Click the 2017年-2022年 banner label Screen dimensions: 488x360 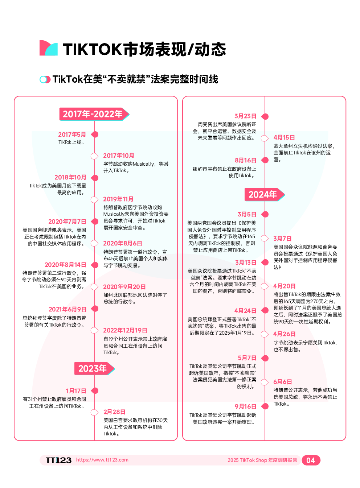click(93, 114)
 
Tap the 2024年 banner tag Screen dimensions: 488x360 click(263, 195)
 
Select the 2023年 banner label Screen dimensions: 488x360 click(93, 369)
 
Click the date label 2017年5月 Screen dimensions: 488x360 click(72, 135)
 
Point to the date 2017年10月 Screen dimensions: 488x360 click(119, 156)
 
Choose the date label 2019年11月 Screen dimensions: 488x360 click(118, 199)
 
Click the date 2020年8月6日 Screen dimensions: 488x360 click(123, 243)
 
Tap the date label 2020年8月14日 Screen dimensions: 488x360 click(65, 265)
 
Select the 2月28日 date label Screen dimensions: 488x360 click(114, 412)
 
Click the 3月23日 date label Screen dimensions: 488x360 click(245, 116)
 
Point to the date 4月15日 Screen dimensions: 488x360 click(284, 138)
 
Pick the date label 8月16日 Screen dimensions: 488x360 click(245, 160)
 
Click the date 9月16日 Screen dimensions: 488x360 click(245, 407)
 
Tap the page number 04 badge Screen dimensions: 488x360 click(311, 460)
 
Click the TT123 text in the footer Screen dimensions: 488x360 click(58, 460)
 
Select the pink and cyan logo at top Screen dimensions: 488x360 click(49, 48)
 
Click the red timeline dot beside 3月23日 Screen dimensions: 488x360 click(265, 116)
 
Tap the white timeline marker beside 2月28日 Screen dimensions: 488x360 click(94, 412)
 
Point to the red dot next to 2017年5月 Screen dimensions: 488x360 click(95, 135)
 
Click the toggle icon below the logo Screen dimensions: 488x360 click(45, 79)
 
